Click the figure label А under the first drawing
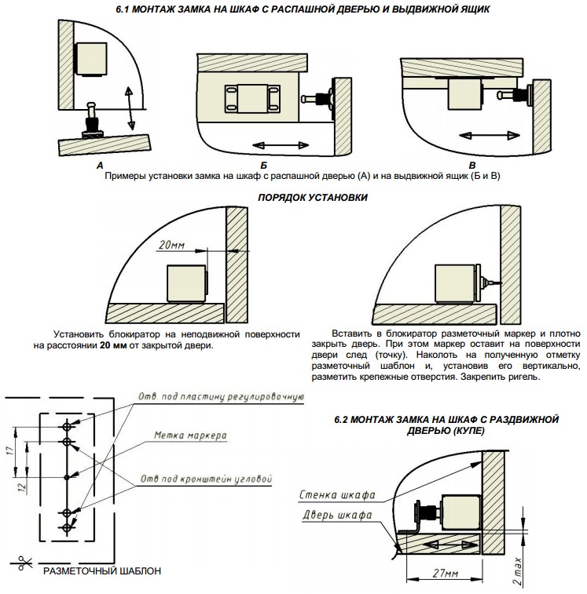pyautogui.click(x=100, y=166)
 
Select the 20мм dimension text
pyautogui.click(x=171, y=245)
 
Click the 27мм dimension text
pyautogui.click(x=446, y=572)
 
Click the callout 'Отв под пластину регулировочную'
pyautogui.click(x=221, y=397)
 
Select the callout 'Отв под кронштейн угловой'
pyautogui.click(x=206, y=478)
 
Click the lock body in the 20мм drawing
pyautogui.click(x=185, y=284)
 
